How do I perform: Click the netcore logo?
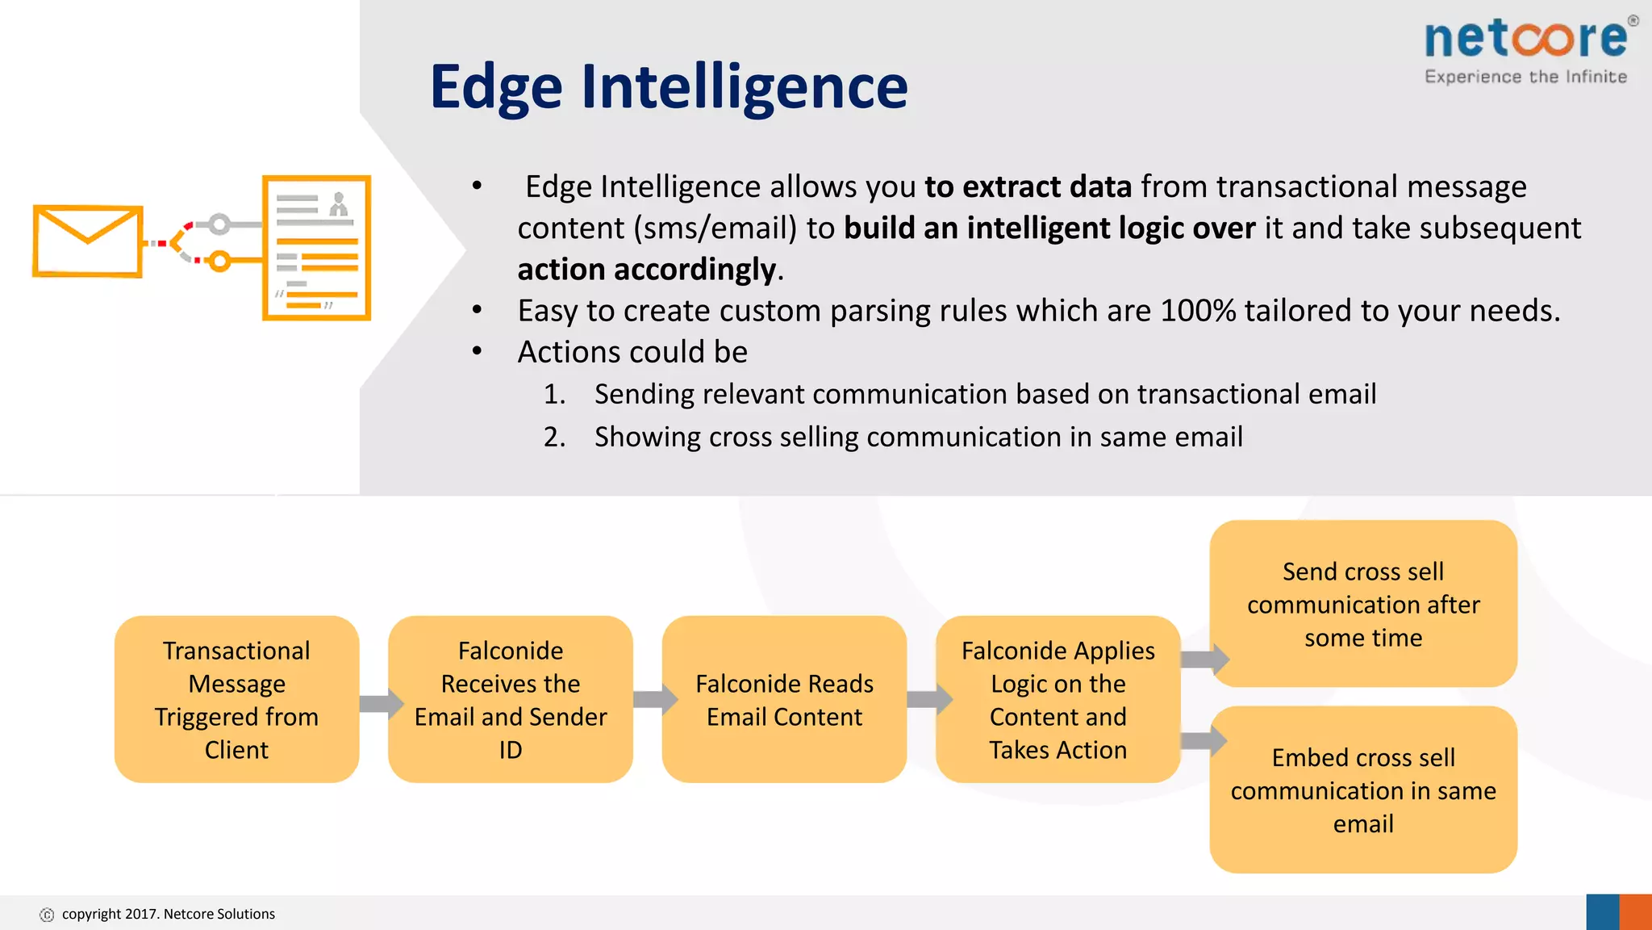[1526, 39]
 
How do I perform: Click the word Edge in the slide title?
[495, 87]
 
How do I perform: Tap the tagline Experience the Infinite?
[1525, 77]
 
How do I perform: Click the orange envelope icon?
[87, 241]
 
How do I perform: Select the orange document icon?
[316, 248]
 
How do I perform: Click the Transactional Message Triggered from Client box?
[236, 699]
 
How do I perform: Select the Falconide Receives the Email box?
[510, 699]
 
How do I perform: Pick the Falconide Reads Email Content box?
[784, 699]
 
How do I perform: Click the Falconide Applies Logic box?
[1058, 699]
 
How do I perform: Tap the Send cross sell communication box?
[1363, 604]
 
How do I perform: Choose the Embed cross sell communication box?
[1363, 790]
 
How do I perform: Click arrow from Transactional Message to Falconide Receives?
[380, 703]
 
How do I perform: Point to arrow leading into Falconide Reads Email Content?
[654, 699]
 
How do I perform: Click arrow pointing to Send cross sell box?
[1204, 659]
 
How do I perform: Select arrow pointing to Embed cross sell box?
[1204, 740]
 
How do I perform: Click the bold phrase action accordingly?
[646, 269]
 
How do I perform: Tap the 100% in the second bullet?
[1197, 311]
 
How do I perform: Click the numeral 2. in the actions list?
[554, 437]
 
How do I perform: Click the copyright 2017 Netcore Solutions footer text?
[168, 914]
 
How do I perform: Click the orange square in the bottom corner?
[1635, 912]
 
